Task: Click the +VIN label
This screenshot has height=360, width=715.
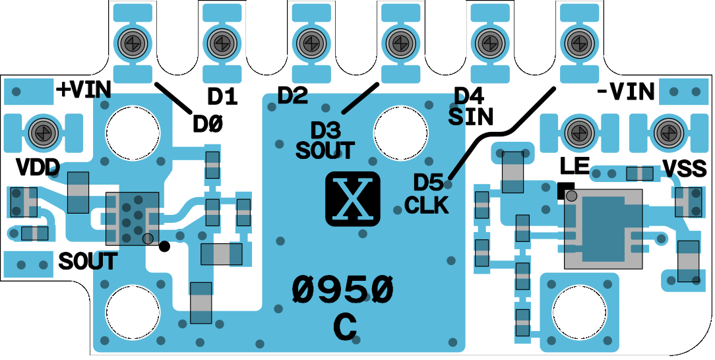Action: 82,90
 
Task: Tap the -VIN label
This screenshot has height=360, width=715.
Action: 625,92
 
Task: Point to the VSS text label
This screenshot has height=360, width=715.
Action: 685,169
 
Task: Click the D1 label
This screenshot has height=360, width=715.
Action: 222,98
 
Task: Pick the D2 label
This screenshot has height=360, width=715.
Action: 292,96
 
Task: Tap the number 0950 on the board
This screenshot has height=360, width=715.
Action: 343,289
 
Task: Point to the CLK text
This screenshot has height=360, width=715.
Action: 427,205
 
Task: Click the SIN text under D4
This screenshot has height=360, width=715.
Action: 470,117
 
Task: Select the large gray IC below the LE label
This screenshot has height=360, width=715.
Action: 603,228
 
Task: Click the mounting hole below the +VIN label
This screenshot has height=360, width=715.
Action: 133,131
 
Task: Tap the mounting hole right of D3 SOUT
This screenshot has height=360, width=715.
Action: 400,131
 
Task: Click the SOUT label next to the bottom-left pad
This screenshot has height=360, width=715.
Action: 88,262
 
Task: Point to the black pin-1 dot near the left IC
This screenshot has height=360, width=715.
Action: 165,247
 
